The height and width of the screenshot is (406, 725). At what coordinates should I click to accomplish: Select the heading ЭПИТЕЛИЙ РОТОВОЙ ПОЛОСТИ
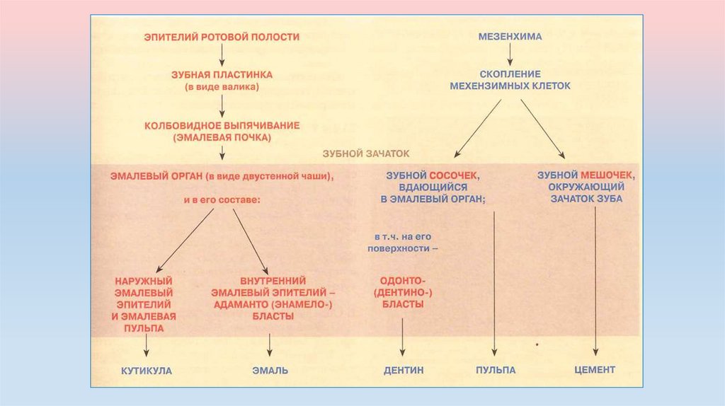coord(222,36)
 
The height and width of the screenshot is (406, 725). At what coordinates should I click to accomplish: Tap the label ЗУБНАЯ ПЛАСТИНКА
coord(222,74)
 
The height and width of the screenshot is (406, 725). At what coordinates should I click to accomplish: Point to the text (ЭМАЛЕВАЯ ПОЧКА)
coord(222,138)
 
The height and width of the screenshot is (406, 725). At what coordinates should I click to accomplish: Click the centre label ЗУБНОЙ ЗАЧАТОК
coord(366,153)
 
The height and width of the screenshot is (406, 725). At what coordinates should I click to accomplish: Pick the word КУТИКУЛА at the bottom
coord(146,370)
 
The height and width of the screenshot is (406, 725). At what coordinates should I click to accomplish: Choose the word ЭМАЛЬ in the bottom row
coord(270,370)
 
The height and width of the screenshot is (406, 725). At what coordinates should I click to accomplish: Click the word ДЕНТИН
coord(404,370)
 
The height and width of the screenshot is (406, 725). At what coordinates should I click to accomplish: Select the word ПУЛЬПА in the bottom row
coord(495,370)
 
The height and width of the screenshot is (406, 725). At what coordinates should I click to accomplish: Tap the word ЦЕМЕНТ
coord(595,369)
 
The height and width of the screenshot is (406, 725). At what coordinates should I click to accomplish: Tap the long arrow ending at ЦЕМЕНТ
coord(595,283)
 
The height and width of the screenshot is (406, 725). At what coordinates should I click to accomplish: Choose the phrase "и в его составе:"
coord(222,199)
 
